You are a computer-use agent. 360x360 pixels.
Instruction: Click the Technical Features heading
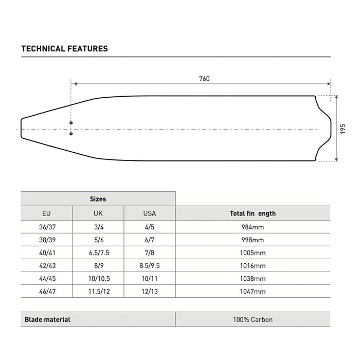click(64, 49)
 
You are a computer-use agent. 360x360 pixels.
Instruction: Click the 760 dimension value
click(204, 79)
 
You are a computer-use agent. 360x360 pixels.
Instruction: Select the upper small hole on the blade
click(71, 123)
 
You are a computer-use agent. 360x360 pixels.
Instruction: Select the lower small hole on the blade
click(71, 134)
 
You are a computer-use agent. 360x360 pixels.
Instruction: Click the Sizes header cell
click(98, 199)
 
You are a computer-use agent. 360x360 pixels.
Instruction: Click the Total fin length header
click(253, 213)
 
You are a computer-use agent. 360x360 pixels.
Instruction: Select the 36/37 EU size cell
click(46, 227)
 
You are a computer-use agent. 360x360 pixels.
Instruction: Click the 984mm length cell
click(253, 227)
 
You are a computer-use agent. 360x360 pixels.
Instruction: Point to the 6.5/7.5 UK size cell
click(98, 253)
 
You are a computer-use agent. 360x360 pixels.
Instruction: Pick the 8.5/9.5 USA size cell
click(149, 266)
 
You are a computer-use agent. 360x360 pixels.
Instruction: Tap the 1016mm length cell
click(253, 266)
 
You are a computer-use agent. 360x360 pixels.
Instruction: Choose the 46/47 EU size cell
click(46, 292)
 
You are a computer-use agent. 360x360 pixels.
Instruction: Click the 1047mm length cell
click(253, 292)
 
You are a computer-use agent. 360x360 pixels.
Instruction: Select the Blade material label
click(47, 319)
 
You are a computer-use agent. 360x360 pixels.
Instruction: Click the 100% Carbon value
click(253, 319)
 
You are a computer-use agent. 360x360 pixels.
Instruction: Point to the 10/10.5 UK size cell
click(98, 279)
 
